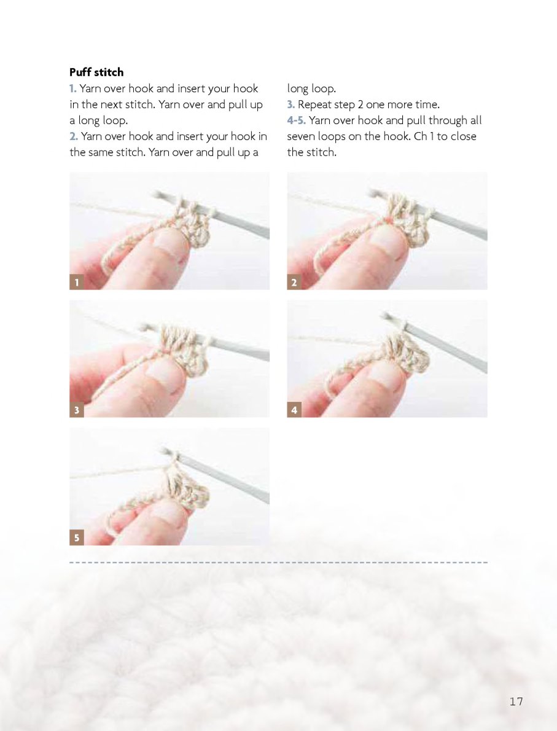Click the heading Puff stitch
96,72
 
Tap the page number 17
516,701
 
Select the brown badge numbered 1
77,282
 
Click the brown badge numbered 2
294,282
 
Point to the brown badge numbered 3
77,410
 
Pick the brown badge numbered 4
294,410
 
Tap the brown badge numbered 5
77,537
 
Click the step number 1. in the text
72,88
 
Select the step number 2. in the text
74,136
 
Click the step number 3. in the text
291,104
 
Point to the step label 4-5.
297,120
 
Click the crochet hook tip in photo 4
384,316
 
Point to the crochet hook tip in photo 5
165,450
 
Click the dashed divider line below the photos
278,563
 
